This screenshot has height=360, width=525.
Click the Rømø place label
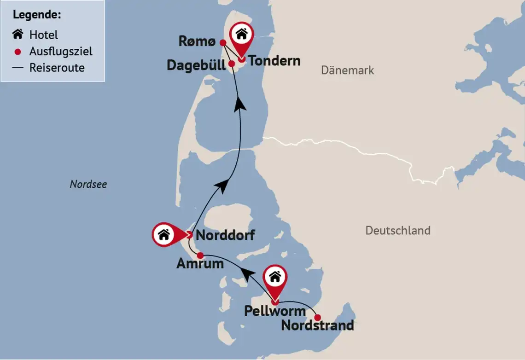(197, 42)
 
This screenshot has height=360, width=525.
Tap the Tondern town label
(274, 61)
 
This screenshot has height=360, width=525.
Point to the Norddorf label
(225, 236)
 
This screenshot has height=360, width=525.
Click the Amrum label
(200, 264)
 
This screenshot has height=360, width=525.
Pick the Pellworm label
(274, 311)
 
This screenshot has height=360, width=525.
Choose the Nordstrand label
(317, 325)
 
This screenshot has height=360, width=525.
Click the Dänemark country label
(347, 70)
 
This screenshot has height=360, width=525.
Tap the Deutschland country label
(398, 230)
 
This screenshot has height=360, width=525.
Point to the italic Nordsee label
(88, 184)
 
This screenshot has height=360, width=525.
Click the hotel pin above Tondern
(242, 35)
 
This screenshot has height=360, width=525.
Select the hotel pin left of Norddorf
(165, 235)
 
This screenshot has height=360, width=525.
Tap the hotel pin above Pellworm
(275, 278)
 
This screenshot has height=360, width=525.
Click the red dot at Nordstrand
(317, 317)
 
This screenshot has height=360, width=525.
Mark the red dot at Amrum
(200, 255)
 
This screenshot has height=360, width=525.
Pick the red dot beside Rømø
(222, 43)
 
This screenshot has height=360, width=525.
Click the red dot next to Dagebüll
(232, 64)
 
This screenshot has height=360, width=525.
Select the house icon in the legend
(18, 35)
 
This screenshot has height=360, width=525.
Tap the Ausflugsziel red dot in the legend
(18, 52)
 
